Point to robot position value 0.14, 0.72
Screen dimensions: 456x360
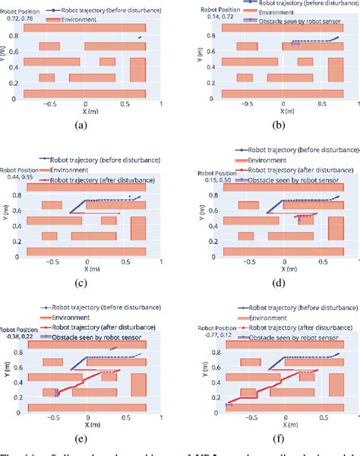210,15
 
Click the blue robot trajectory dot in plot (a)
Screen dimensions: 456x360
139,36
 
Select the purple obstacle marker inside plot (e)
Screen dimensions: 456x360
56,393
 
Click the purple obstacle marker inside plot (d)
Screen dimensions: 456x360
302,218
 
